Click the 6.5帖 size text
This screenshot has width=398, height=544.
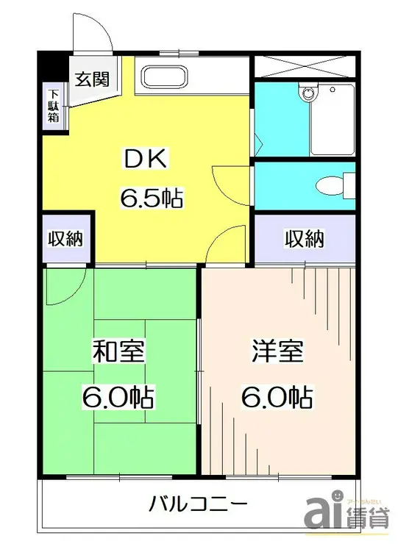(152, 198)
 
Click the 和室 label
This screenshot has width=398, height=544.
(118, 352)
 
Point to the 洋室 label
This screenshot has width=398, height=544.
(276, 352)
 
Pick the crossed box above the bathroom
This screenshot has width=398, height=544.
(304, 65)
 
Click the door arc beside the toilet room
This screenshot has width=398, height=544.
(224, 180)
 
